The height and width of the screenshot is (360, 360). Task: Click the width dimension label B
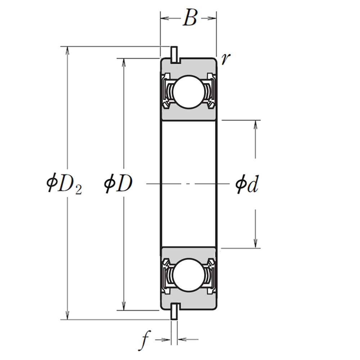(190, 18)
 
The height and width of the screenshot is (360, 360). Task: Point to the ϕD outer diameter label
(118, 184)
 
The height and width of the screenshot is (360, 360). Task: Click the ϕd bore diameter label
(247, 184)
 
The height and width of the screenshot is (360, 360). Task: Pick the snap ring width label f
(144, 341)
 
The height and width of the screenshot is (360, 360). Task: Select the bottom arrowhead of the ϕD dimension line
(124, 306)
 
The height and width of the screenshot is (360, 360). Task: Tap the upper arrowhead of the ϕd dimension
(256, 125)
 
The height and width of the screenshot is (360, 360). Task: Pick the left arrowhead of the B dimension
(164, 18)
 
